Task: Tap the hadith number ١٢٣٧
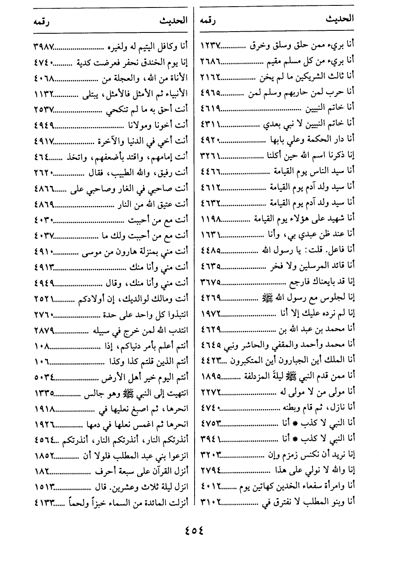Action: pos(211,45)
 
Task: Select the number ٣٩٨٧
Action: pos(44,45)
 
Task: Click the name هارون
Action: pos(113,251)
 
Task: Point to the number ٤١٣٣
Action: pos(44,502)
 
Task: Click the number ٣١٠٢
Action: pos(211,502)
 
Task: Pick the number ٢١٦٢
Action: pos(211,76)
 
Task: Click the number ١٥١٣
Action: pos(44,486)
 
